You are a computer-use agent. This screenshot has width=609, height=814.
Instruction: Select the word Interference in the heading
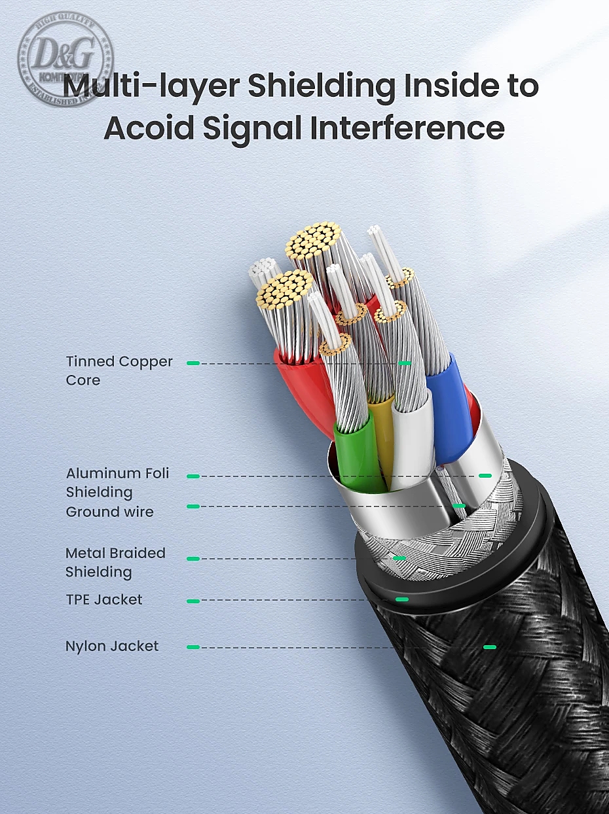pos(407,128)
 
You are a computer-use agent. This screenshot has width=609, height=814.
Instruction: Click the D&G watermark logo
pos(65,59)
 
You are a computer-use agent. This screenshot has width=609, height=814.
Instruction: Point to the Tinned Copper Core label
pos(119,370)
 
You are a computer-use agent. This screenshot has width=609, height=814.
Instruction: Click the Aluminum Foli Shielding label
pos(117,482)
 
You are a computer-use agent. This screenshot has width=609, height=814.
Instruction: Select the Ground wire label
pos(110,512)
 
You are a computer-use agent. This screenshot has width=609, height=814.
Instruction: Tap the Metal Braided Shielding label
pos(115,562)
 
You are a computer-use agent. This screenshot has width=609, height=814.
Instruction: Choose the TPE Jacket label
pos(104,599)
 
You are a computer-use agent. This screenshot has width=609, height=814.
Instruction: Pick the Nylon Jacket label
pos(112,646)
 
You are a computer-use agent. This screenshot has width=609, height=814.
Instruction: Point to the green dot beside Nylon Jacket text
pos(193,647)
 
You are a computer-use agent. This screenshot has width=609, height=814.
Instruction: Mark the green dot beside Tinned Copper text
pos(193,363)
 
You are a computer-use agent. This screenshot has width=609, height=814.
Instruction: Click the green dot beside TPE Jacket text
pos(193,600)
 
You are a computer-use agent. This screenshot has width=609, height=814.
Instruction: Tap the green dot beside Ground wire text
pos(193,506)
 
